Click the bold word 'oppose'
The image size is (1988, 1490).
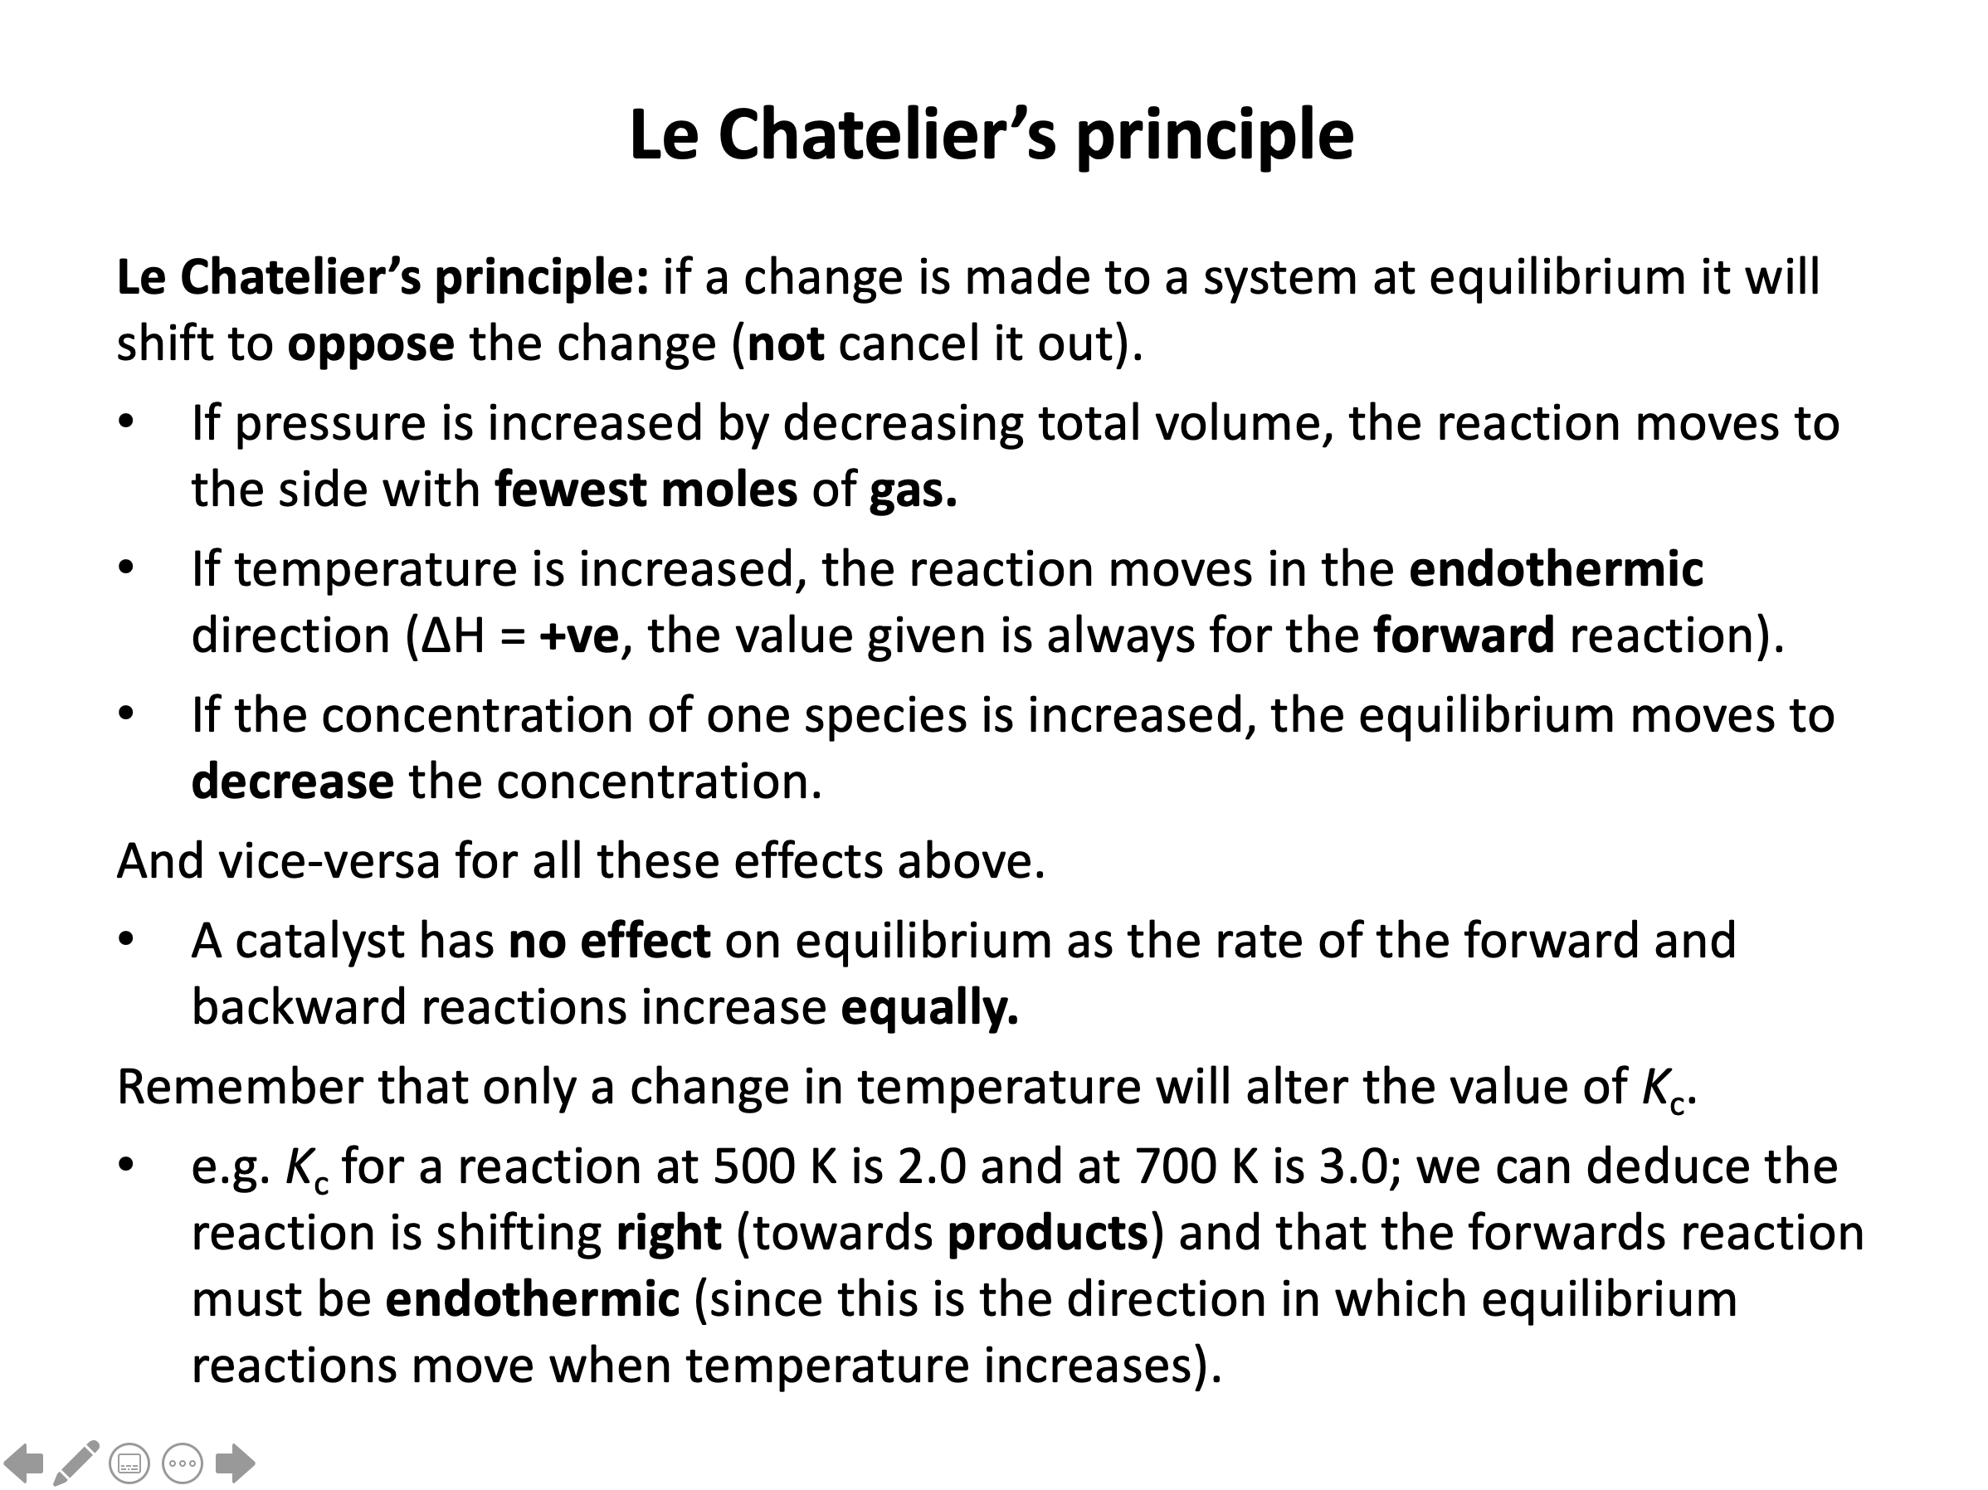[x=370, y=344]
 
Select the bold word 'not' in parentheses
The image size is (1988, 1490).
[x=786, y=344]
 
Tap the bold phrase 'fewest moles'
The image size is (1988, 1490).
[x=646, y=489]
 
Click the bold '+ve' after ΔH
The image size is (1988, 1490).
[x=579, y=636]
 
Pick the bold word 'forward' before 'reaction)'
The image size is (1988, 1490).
[x=1463, y=635]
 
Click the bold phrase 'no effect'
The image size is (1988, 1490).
[x=609, y=941]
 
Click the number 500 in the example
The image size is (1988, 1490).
[x=753, y=1166]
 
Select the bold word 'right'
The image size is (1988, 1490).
[x=668, y=1233]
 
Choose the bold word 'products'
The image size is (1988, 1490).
[x=1047, y=1233]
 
